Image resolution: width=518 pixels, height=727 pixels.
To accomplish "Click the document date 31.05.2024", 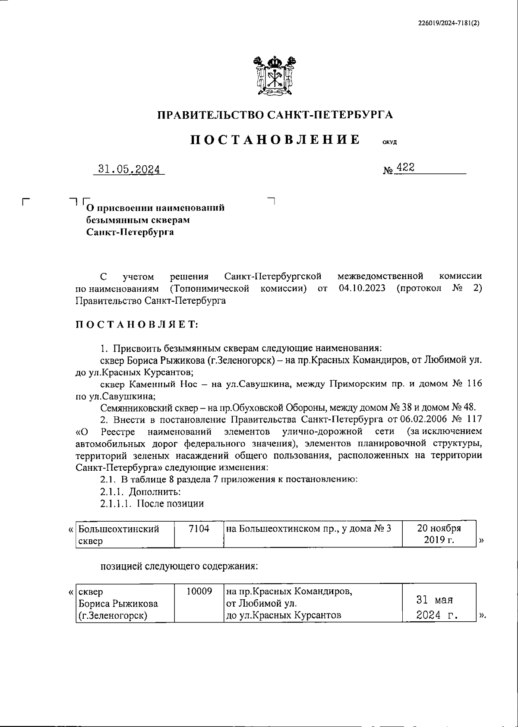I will (x=129, y=169).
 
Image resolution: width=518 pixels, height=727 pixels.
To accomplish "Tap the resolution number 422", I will (x=405, y=168).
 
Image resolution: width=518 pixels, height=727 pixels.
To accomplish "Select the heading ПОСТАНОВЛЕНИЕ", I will (x=275, y=140).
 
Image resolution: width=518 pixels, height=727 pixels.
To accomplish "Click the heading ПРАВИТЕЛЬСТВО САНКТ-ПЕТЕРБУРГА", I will (x=275, y=115).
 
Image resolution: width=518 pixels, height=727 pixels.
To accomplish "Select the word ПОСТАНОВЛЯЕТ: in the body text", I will (x=137, y=325).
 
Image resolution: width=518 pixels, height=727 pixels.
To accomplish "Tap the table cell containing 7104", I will (x=199, y=534).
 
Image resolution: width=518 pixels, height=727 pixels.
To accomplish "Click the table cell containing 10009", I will (x=199, y=603).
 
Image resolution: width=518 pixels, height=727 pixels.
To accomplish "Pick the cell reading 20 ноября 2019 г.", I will (x=439, y=534).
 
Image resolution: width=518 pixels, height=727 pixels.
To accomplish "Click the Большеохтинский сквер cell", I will (x=124, y=534).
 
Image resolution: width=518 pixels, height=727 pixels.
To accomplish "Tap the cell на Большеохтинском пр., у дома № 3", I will (x=309, y=529).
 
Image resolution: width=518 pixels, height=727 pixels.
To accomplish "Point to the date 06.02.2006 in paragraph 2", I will (x=425, y=419).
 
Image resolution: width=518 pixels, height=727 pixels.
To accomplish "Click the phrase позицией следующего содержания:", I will (x=179, y=565).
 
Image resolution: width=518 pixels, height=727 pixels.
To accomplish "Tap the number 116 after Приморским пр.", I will (x=474, y=384).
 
